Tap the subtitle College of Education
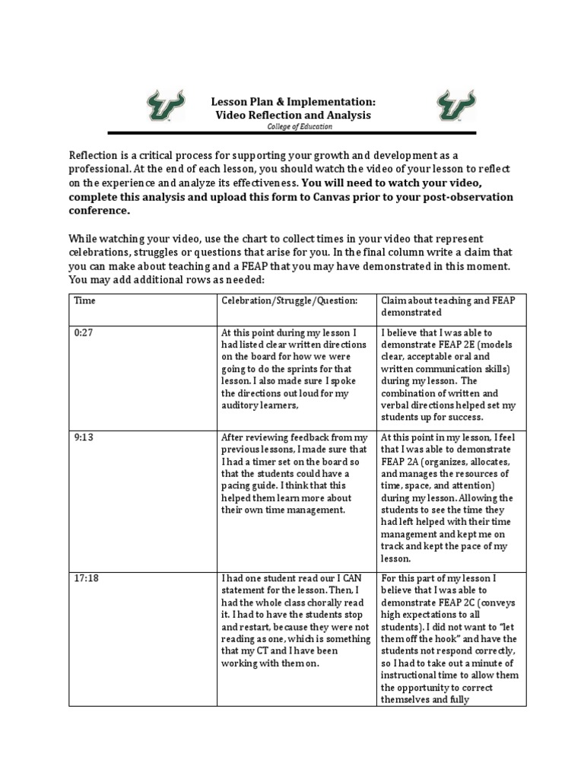click(x=294, y=127)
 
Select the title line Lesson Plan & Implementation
click(x=294, y=101)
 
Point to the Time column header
click(x=85, y=300)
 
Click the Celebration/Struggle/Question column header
click(x=289, y=300)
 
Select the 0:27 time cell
click(x=84, y=333)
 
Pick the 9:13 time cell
click(x=84, y=438)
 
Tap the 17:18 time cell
click(x=87, y=578)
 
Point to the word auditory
click(x=240, y=405)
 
